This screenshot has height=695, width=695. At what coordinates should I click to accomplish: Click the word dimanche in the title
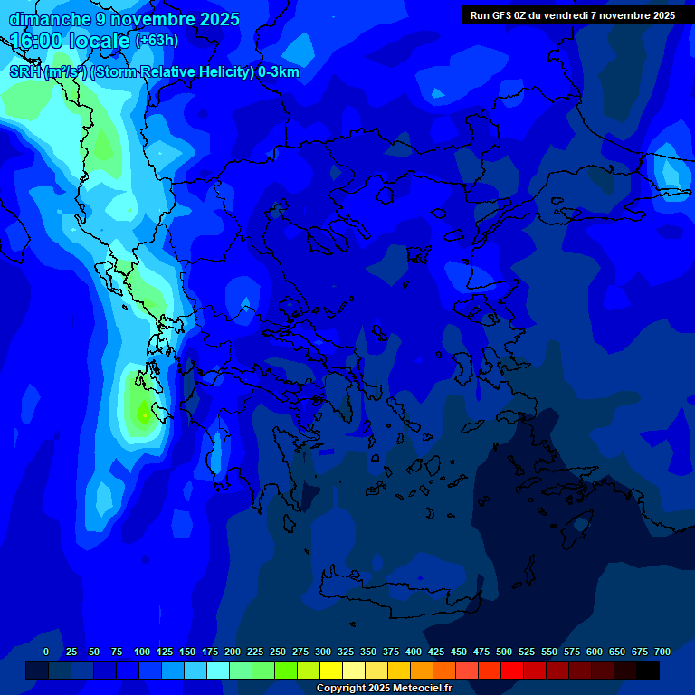tap(50, 19)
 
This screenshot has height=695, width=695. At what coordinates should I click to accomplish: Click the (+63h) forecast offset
tap(157, 41)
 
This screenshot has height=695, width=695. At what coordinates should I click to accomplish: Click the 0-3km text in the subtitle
tap(279, 72)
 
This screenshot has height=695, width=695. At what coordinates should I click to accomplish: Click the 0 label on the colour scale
tap(46, 652)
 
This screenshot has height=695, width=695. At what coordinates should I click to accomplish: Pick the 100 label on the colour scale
tap(142, 652)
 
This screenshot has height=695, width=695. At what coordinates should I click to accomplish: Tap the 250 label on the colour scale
tap(278, 652)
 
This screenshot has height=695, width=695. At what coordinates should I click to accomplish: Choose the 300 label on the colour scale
tap(323, 652)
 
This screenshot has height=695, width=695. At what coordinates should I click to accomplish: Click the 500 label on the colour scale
tap(504, 652)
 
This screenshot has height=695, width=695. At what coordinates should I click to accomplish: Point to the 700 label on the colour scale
tap(662, 652)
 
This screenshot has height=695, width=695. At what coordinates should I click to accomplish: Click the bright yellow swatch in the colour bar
tap(331, 670)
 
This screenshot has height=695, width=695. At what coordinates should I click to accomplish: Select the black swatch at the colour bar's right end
tap(648, 670)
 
